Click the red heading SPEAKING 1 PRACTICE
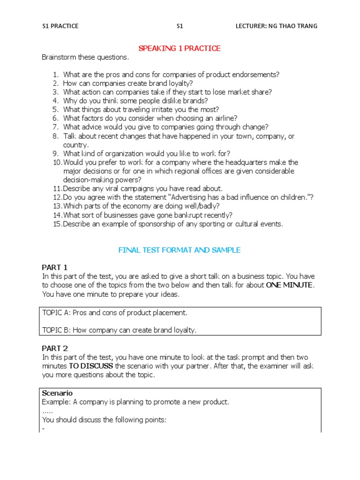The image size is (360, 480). (179, 48)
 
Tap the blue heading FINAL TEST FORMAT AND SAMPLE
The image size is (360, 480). (180, 250)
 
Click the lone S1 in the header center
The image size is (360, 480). (180, 26)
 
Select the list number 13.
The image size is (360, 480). (57, 206)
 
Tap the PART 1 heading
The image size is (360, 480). (55, 267)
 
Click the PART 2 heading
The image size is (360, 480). (55, 348)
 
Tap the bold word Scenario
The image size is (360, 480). (57, 393)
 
